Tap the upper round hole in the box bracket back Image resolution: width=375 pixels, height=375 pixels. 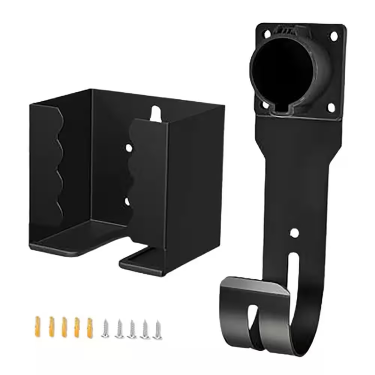point(129,148)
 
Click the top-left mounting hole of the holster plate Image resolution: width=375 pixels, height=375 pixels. point(267,34)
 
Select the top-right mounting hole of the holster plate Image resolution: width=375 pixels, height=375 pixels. point(333,36)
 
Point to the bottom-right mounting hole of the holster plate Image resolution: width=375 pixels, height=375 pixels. point(331,108)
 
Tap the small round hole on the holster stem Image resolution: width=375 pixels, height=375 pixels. point(295,232)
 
